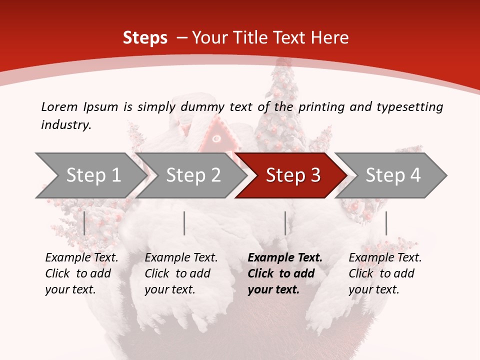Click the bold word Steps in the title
(x=145, y=38)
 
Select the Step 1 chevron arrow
(x=90, y=175)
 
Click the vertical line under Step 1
(x=84, y=223)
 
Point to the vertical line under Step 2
(x=184, y=223)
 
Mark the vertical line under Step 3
(x=285, y=223)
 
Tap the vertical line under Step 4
(x=386, y=223)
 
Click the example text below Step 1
(x=81, y=273)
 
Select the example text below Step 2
(x=180, y=273)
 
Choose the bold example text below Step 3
(x=284, y=273)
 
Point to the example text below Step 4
(x=384, y=273)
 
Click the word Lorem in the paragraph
(x=59, y=107)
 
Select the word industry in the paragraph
(x=65, y=125)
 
